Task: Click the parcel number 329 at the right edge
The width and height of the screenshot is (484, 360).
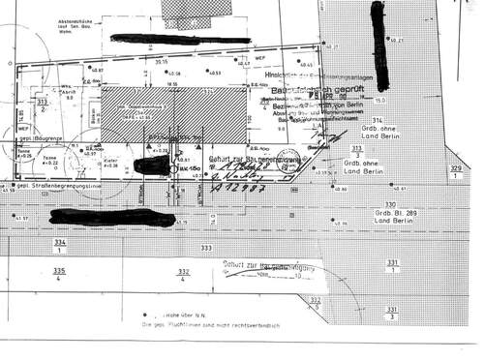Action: (x=456, y=172)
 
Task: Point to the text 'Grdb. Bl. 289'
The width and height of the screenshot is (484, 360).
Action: (x=397, y=213)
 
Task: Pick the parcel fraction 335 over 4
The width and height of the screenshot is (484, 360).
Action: (x=58, y=275)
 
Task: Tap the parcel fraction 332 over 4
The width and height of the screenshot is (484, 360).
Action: (x=185, y=276)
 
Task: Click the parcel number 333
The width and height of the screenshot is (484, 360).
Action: (x=205, y=249)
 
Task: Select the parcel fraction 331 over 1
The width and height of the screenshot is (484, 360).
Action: (x=392, y=266)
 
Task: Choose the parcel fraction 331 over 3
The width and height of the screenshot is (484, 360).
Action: (x=389, y=312)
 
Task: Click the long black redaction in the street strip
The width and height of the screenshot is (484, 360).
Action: (x=111, y=216)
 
